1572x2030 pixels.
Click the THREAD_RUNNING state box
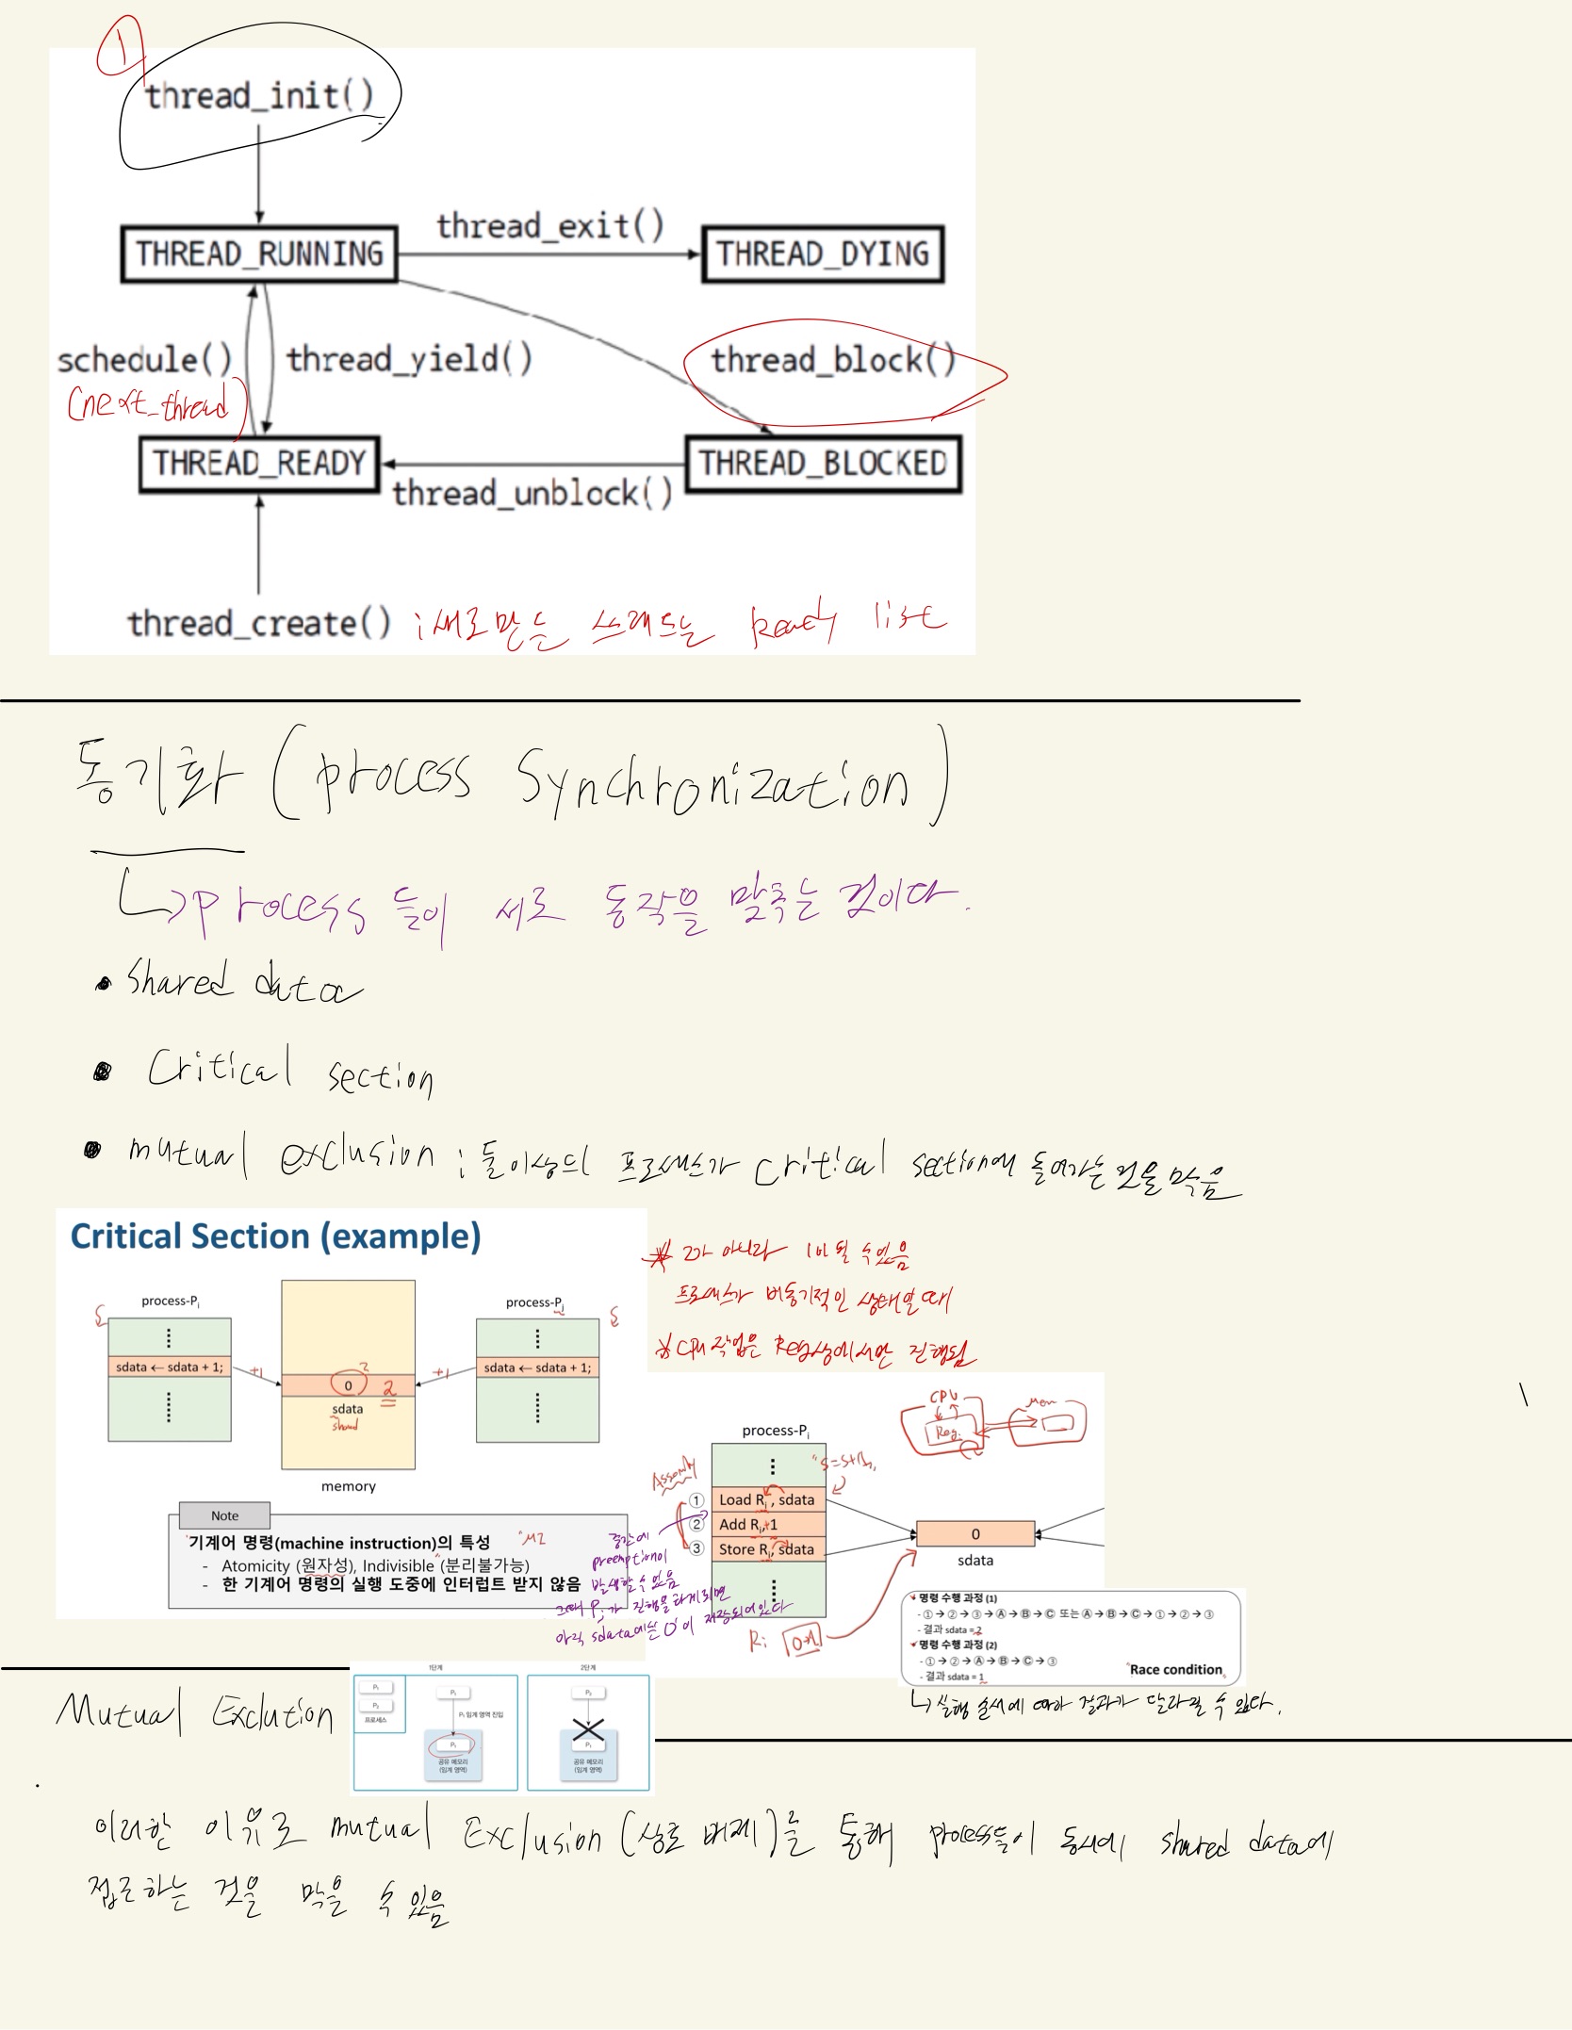259,254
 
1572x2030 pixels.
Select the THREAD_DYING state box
822,254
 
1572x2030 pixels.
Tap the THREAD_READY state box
259,464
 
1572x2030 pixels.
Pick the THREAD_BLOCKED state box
823,464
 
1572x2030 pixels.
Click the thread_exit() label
549,226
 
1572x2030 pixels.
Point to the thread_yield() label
409,359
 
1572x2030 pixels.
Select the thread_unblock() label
532,493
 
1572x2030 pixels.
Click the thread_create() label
259,623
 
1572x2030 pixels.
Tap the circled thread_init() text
259,95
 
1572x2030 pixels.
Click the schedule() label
144,359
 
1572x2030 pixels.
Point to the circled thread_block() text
833,360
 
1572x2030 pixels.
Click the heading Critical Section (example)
275,1236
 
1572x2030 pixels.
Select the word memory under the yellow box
348,1486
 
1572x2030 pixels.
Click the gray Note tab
224,1515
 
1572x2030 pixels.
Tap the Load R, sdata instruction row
767,1499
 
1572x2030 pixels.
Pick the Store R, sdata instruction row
767,1549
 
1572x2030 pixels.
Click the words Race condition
1175,1669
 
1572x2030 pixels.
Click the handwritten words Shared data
243,982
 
